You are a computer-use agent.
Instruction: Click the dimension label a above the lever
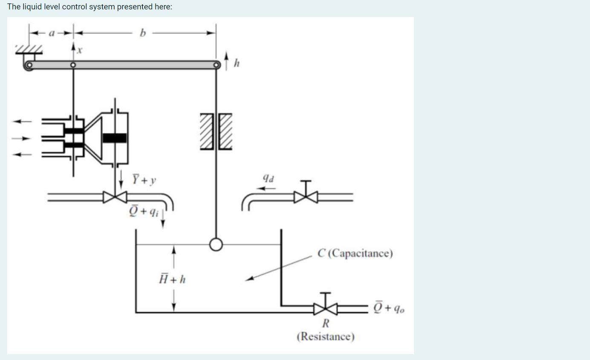[x=52, y=33]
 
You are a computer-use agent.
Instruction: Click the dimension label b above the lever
[x=142, y=33]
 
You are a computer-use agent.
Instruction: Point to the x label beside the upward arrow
[x=80, y=50]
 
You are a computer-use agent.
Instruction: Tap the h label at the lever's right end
[x=237, y=64]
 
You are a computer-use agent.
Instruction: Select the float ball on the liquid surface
[x=216, y=244]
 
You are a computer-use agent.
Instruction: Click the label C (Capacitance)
[x=355, y=253]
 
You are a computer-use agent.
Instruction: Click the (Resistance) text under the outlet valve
[x=325, y=337]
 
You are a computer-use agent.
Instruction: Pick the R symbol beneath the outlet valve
[x=325, y=323]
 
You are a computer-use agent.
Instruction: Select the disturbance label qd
[x=268, y=179]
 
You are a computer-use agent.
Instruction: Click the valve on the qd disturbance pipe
[x=306, y=197]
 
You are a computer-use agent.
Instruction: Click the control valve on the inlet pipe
[x=115, y=197]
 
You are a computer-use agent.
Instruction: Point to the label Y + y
[x=144, y=180]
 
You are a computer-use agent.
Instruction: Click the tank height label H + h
[x=172, y=279]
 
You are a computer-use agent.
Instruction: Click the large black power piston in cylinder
[x=115, y=138]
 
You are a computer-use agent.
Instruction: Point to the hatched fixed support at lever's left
[x=29, y=49]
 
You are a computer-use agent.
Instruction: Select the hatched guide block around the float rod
[x=216, y=131]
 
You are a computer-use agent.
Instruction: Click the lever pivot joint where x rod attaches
[x=73, y=65]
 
